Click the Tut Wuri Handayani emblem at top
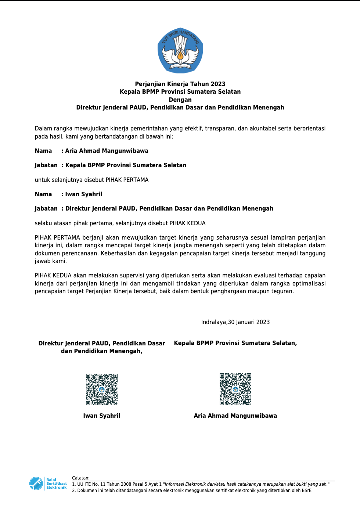180,50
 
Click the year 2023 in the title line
218,84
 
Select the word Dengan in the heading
180,100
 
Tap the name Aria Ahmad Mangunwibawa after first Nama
107,151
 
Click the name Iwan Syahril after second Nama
84,194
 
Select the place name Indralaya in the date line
213,322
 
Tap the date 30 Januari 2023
249,322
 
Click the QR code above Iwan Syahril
102,389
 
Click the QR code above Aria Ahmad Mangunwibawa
235,389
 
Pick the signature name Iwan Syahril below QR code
102,416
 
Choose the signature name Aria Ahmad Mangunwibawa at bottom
235,416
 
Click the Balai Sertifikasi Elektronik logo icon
36,483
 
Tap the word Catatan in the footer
80,478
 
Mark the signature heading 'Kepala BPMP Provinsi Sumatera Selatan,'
235,343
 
